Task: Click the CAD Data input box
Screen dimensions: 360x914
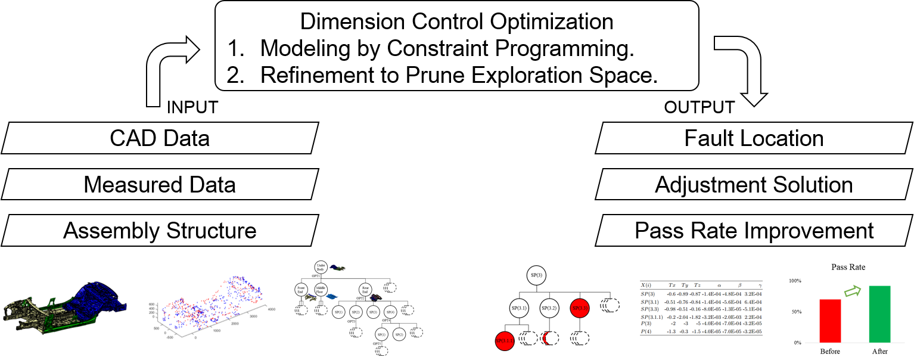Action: coord(160,138)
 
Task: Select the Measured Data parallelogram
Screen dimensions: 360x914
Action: coord(160,184)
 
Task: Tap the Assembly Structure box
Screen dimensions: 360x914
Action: coord(160,231)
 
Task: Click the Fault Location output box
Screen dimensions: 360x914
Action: coord(754,138)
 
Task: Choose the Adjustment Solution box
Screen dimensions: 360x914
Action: coord(754,184)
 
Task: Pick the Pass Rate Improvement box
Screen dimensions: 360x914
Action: coord(754,231)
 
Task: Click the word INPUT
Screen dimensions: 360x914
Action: coord(192,107)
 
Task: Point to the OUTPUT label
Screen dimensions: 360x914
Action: coord(699,107)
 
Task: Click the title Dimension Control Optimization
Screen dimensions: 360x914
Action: coord(456,22)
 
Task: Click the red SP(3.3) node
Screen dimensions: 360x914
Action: coord(580,308)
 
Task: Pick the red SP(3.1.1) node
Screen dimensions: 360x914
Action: coord(505,342)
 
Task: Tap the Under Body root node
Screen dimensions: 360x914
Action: coord(321,269)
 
